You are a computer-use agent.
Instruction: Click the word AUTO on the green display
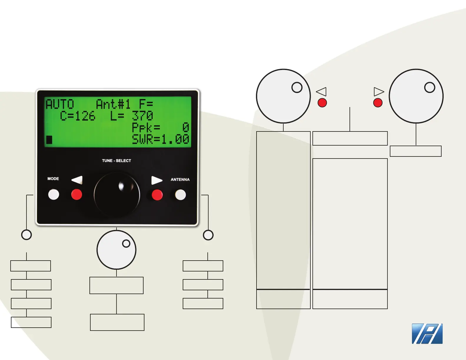tap(60, 104)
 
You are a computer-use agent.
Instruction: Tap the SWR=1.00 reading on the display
tap(160, 139)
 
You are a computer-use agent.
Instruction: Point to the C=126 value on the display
tap(78, 116)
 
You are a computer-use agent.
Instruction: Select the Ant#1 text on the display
tap(113, 104)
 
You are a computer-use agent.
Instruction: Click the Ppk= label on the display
tap(146, 128)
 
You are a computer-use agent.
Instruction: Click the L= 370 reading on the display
tap(132, 116)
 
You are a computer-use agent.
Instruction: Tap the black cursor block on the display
tap(49, 140)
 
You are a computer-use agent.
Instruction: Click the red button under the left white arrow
tap(77, 194)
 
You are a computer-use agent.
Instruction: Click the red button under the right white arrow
tap(157, 195)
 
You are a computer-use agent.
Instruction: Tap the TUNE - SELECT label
tap(116, 161)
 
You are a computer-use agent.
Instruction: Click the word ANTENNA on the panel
tap(180, 179)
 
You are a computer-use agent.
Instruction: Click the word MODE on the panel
tap(53, 179)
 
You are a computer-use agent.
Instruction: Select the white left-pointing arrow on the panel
tap(77, 180)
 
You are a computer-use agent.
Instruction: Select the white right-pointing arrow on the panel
tap(157, 180)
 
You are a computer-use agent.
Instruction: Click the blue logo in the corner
tap(427, 334)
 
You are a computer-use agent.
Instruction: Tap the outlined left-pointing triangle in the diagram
tap(322, 91)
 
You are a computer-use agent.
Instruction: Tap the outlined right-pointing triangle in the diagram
tap(379, 91)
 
